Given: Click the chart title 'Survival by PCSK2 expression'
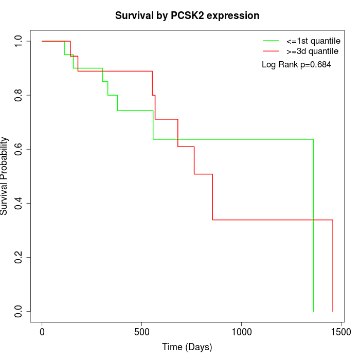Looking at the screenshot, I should coord(187,16).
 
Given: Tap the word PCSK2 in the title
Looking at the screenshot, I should coord(187,16).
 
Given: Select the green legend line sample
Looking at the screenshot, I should coord(271,41).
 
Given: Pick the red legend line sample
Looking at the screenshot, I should coord(271,51).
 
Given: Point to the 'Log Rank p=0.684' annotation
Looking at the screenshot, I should coord(296,65).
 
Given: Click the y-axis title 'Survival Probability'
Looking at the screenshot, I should coord(5,176).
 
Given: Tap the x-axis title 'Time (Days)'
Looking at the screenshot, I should coord(187,347).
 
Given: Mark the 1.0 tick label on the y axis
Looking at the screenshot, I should coord(19,41).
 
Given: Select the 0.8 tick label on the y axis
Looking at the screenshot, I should coord(19,95).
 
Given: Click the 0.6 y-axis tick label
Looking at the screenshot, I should coord(19,149).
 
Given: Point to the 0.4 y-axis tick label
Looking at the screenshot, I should coord(19,203).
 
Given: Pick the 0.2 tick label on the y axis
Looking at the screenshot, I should coord(19,257).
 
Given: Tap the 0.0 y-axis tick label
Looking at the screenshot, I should coord(19,311).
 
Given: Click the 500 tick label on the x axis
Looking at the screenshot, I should coord(141,332).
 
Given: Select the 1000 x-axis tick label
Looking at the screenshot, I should coord(241,332).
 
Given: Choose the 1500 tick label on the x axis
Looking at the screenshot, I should coord(340,332).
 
